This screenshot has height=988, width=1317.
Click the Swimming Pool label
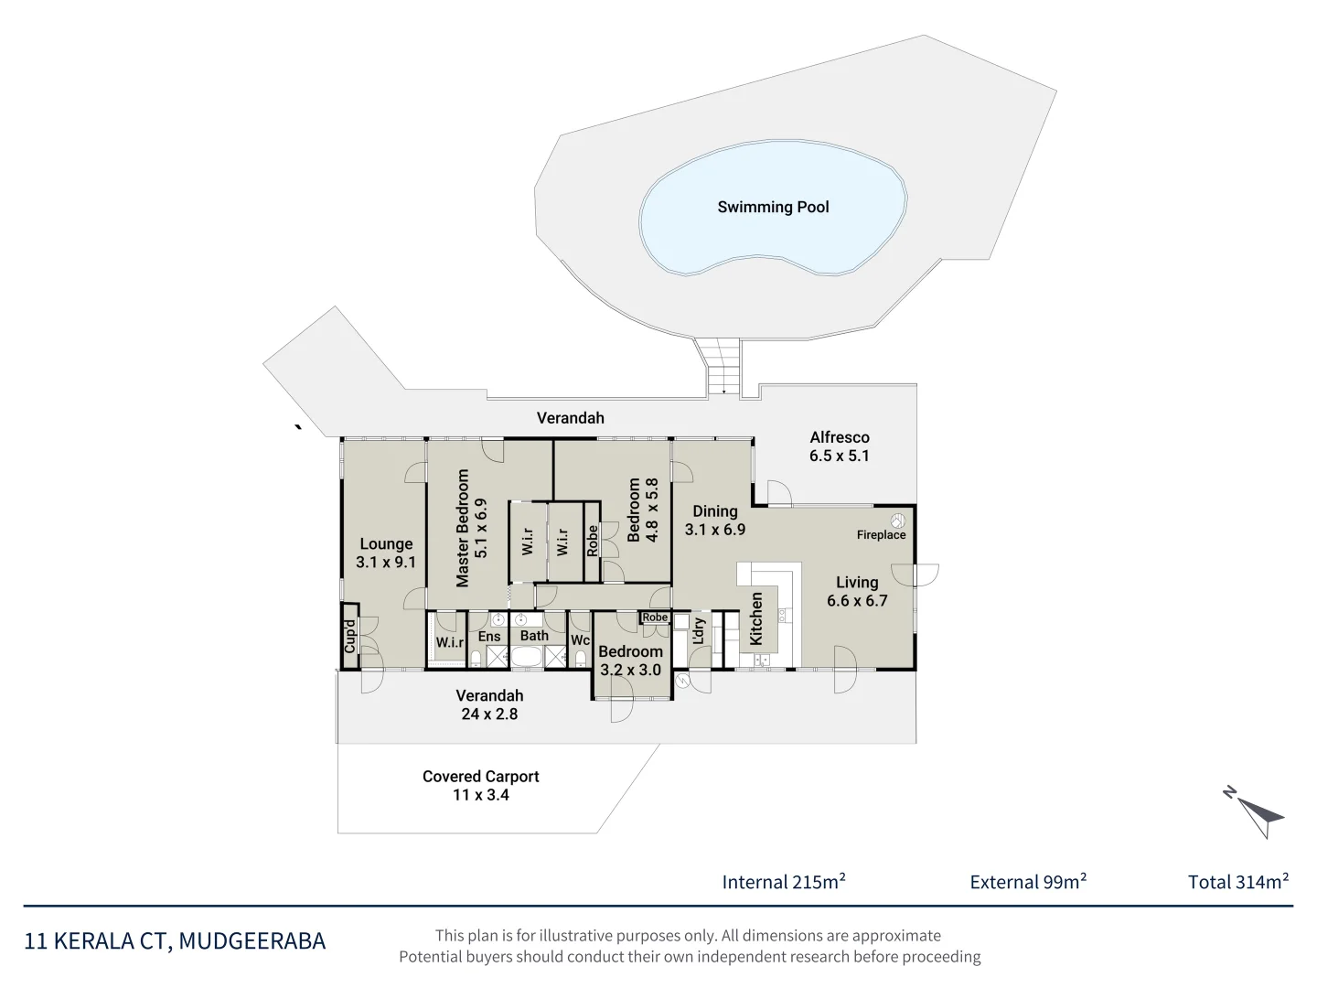point(773,207)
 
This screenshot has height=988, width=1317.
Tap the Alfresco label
point(840,437)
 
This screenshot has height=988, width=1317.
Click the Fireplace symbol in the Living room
point(897,521)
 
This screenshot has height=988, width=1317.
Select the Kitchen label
point(756,618)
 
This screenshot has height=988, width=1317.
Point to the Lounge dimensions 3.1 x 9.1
point(386,562)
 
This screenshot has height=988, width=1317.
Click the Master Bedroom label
point(462,528)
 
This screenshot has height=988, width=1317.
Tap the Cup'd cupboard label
point(349,636)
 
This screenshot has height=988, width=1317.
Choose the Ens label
point(489,637)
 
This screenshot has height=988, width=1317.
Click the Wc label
point(580,640)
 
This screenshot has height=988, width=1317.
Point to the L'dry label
point(698,631)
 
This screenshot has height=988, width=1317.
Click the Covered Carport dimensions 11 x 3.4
point(480,795)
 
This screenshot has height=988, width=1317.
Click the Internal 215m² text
point(784,881)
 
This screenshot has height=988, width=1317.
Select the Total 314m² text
point(1238,881)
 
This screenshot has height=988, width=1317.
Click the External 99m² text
point(1028,881)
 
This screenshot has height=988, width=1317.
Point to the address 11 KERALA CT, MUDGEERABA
point(175,940)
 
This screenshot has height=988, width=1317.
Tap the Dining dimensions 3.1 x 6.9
point(715,530)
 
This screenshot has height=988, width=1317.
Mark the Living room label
point(857,582)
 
